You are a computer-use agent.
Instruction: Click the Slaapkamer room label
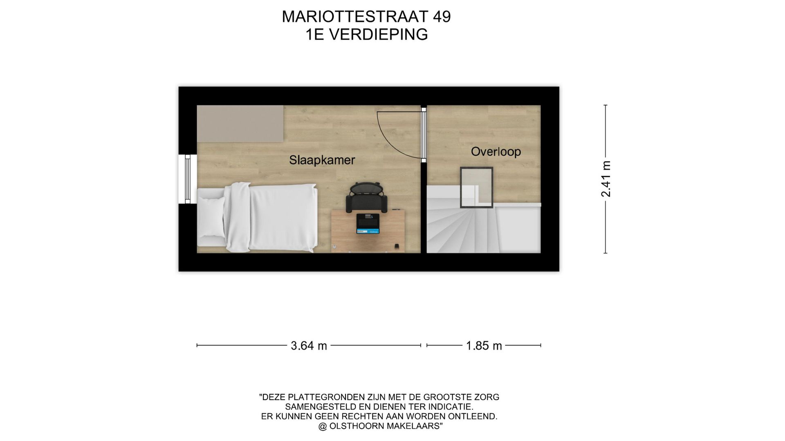pos(322,160)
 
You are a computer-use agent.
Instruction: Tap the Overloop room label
pos(496,151)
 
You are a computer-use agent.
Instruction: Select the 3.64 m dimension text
pos(309,346)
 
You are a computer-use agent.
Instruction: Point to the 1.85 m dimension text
pos(484,346)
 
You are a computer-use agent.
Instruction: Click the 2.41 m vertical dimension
pos(606,179)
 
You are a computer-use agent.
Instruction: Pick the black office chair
pos(366,197)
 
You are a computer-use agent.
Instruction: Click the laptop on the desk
pos(368,224)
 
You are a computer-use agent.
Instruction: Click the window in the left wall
pos(188,179)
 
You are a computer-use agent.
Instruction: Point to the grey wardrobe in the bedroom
pos(240,123)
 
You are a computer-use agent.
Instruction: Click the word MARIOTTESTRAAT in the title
pos(351,17)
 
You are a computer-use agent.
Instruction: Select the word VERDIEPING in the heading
pos(378,35)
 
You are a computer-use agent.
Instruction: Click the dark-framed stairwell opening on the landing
pos(476,187)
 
